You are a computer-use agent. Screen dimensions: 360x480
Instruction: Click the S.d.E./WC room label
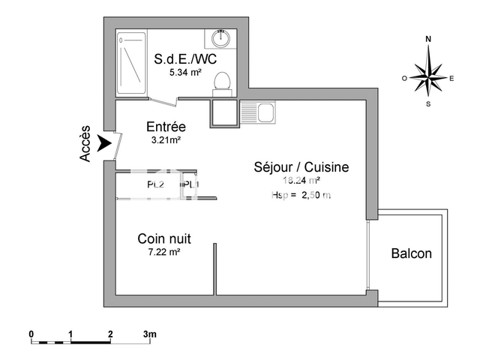point(184,59)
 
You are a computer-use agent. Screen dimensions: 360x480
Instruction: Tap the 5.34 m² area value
point(184,73)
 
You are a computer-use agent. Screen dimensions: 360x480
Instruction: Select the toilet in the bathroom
point(222,80)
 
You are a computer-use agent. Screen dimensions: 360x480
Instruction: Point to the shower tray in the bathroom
point(132,63)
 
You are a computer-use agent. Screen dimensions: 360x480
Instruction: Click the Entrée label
point(166,127)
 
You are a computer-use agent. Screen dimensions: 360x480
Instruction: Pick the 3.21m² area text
point(166,140)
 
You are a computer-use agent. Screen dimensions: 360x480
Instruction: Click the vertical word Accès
point(85,143)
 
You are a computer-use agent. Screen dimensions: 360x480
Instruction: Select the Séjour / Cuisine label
point(301,167)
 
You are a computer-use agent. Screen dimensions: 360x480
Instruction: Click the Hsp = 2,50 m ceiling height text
point(301,195)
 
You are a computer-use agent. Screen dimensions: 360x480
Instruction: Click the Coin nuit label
point(163,238)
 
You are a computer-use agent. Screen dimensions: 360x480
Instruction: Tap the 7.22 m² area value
point(163,253)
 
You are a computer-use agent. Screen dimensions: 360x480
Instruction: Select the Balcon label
point(412,253)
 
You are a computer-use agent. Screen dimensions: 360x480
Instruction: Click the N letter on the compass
point(428,38)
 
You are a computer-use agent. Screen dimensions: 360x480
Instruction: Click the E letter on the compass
point(451,77)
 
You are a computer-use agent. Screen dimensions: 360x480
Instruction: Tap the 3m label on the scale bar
point(149,333)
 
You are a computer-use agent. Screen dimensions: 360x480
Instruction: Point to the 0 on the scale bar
point(31,333)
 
